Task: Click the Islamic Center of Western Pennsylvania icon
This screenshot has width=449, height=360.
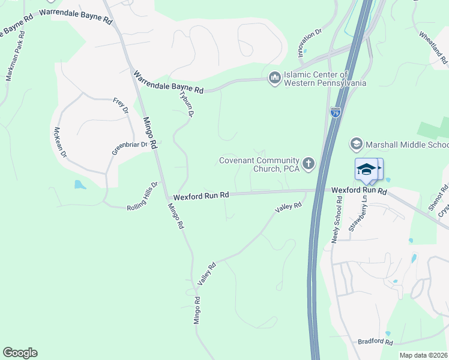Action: pyautogui.click(x=275, y=79)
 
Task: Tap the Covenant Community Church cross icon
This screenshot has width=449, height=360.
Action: pyautogui.click(x=309, y=164)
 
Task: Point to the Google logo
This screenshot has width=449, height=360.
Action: pyautogui.click(x=20, y=353)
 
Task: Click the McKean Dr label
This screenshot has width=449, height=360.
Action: pyautogui.click(x=59, y=142)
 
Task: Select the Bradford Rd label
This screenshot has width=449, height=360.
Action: pyautogui.click(x=375, y=342)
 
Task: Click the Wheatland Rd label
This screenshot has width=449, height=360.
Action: pyautogui.click(x=433, y=48)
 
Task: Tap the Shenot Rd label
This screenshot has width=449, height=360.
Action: pyautogui.click(x=443, y=197)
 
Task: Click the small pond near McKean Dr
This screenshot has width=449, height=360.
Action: pyautogui.click(x=80, y=184)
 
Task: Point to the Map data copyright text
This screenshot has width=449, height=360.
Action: pyautogui.click(x=424, y=355)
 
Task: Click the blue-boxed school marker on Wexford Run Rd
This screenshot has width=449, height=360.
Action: pyautogui.click(x=367, y=170)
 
